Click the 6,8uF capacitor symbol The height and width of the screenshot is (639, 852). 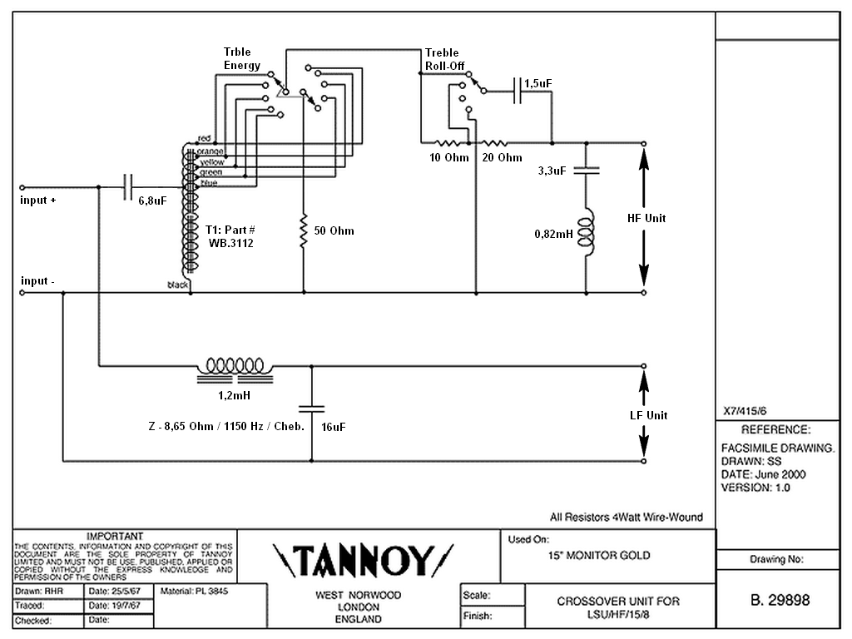128,187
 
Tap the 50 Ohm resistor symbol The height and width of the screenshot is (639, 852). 304,231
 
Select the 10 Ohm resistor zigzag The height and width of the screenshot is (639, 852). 448,143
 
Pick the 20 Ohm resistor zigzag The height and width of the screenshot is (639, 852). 495,143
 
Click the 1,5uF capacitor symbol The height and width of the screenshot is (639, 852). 518,91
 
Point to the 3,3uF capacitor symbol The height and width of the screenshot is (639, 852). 587,170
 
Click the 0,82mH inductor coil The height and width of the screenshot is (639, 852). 586,234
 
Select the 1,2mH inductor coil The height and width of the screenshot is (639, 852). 235,369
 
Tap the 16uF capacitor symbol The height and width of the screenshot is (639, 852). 311,408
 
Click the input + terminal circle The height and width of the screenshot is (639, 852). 22,187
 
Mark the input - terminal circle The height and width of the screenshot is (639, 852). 22,293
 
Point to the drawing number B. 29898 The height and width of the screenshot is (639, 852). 780,600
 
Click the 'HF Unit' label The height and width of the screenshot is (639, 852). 646,218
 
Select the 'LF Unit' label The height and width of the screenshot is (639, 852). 648,415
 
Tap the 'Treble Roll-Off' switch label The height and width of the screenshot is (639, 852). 444,59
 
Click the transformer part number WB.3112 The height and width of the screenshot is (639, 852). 231,243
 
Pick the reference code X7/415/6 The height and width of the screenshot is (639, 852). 745,411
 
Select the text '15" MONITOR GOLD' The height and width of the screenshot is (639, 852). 599,555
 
